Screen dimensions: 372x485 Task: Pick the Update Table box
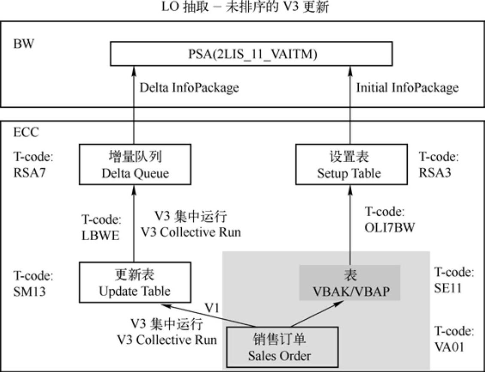135,283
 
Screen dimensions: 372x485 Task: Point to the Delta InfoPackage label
189,88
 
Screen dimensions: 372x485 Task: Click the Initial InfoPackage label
407,88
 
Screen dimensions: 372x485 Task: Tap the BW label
24,45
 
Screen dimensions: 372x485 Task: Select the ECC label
26,132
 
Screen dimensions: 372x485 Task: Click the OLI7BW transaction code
390,227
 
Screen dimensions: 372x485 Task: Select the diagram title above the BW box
245,7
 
